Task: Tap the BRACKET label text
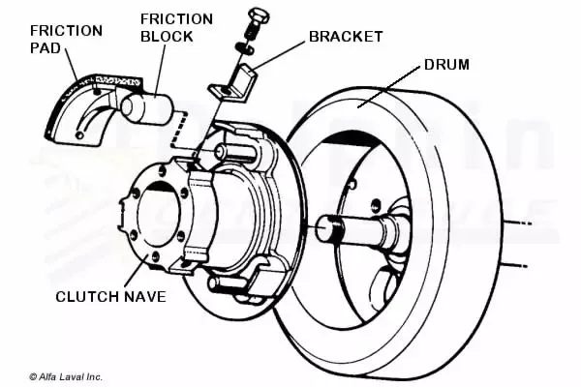coord(345,37)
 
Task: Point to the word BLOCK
coord(166,36)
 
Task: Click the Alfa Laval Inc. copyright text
coord(65,376)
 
